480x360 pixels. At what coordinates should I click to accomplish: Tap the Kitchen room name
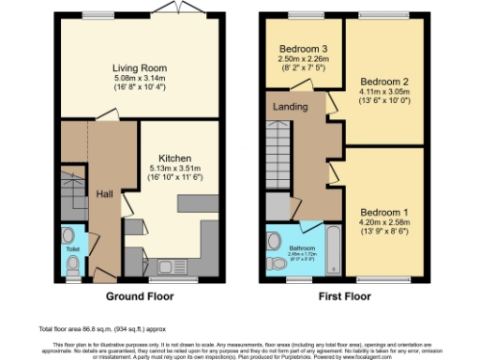[x=175, y=157]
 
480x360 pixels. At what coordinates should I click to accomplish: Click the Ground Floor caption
[x=138, y=297]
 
